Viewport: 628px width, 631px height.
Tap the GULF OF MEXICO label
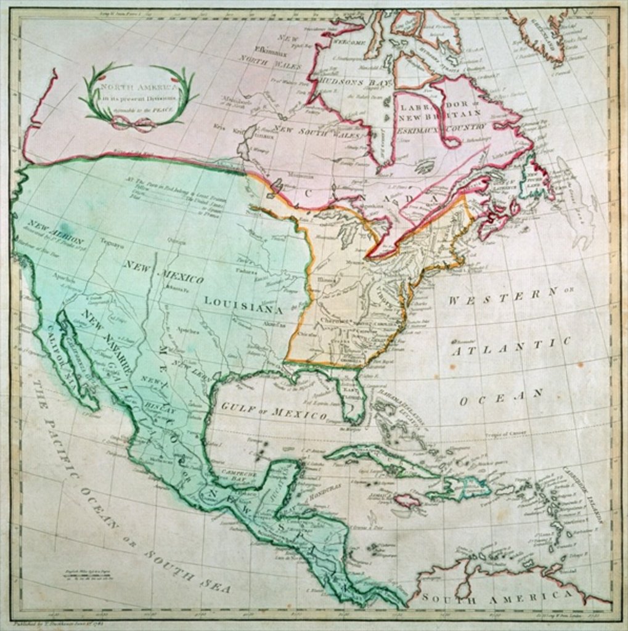(274, 411)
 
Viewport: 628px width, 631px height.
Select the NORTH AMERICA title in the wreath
(138, 89)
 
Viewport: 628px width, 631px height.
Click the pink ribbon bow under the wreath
(133, 124)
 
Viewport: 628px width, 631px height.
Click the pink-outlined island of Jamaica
(407, 500)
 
